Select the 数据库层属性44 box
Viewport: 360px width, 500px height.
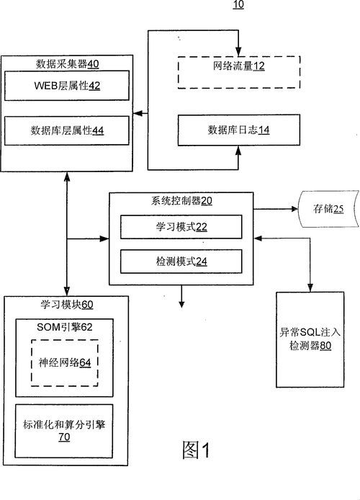click(x=67, y=130)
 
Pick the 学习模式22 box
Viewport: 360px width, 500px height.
click(x=181, y=228)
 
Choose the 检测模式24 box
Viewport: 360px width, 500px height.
click(x=181, y=261)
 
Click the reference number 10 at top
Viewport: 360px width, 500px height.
click(x=238, y=5)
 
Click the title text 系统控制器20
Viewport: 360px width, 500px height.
click(x=181, y=202)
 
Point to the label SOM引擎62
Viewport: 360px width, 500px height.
click(x=65, y=327)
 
